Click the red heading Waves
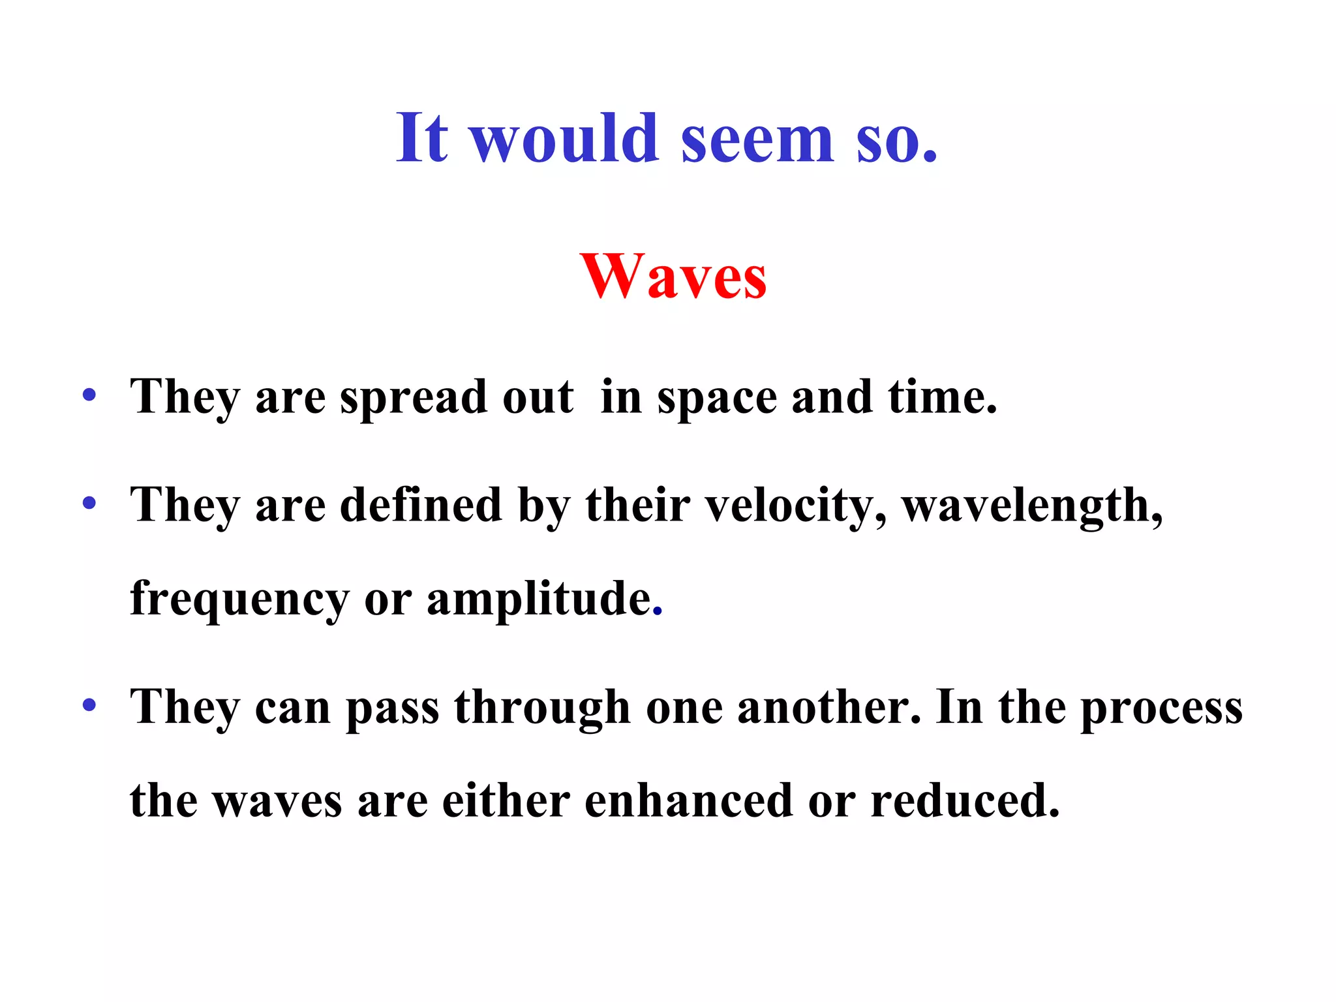point(673,277)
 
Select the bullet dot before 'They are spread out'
point(89,395)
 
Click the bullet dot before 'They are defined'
point(89,503)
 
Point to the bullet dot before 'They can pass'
point(89,705)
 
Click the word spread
point(414,398)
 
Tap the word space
point(717,398)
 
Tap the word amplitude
point(539,599)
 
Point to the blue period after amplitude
point(658,613)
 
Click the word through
point(542,708)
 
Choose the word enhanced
point(688,800)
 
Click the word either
point(506,800)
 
